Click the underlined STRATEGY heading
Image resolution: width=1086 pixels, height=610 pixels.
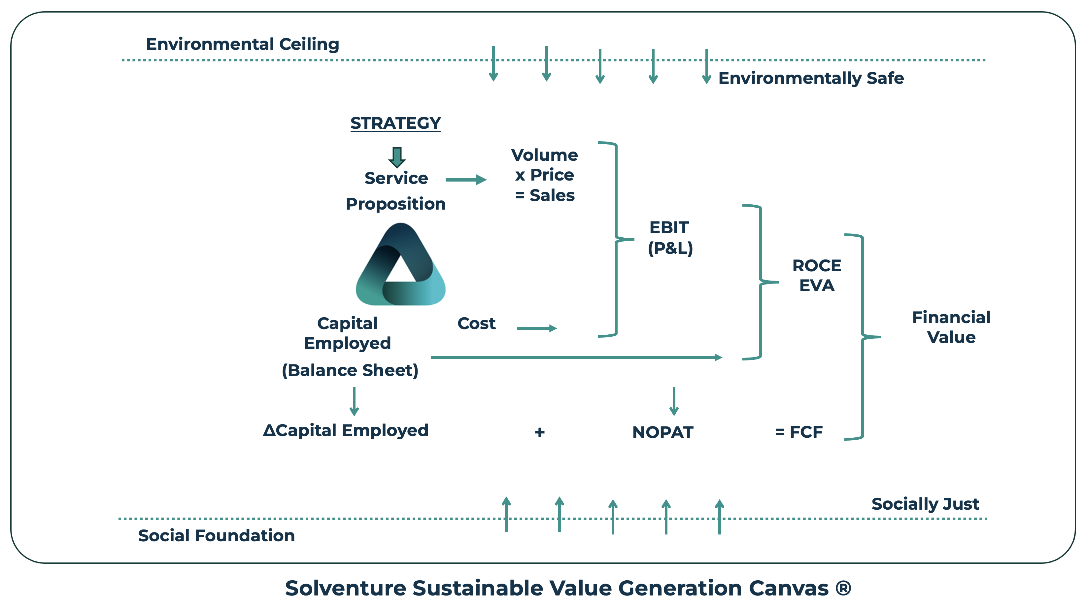click(395, 123)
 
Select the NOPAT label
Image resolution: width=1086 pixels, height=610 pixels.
click(663, 432)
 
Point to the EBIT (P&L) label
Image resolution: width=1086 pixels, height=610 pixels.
click(670, 238)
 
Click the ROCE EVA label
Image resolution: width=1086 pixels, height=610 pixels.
click(817, 276)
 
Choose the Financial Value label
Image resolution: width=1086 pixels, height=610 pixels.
click(951, 327)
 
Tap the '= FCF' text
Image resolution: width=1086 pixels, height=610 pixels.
click(798, 432)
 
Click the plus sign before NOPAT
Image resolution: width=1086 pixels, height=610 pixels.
click(540, 432)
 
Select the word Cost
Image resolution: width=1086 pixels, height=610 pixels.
click(476, 323)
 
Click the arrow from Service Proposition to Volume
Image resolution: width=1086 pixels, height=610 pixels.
click(466, 180)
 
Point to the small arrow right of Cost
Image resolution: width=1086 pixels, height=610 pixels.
click(537, 328)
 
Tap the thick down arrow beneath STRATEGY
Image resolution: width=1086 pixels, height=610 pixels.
click(397, 157)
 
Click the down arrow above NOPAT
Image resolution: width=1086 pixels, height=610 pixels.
click(674, 401)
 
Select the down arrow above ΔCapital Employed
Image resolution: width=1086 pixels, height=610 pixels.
click(354, 401)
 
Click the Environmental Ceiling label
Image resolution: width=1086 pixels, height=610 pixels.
click(242, 44)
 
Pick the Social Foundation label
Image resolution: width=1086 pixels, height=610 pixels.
click(216, 535)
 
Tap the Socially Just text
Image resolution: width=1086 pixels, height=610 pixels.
click(925, 504)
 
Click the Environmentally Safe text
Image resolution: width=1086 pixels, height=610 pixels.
click(811, 78)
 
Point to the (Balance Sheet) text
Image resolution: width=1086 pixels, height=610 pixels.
click(350, 370)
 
